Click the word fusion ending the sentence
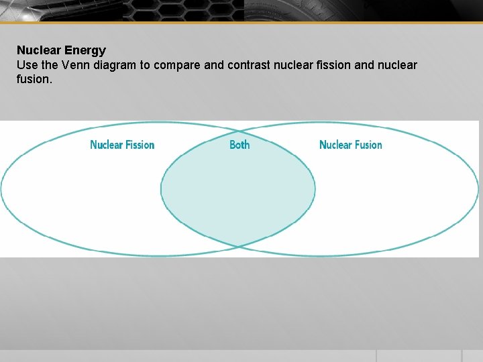(34, 79)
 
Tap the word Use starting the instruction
(27, 65)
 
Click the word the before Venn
(50, 65)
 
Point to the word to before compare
(145, 65)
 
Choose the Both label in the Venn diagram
(239, 145)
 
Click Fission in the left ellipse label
(140, 145)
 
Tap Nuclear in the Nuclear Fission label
(106, 145)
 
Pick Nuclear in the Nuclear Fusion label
(335, 145)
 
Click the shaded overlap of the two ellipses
(237, 188)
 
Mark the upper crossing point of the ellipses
(238, 131)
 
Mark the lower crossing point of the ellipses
(238, 247)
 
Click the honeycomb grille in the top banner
(184, 11)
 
